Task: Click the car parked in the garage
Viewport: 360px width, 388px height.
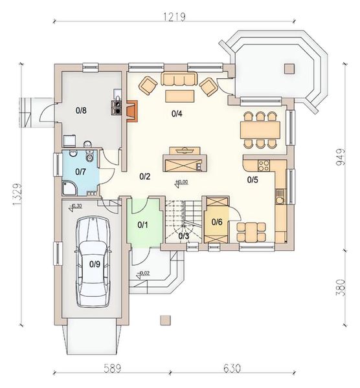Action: coord(94,262)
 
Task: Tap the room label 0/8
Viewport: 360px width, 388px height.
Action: coord(81,111)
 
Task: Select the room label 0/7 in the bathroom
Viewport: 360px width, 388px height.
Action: coord(81,171)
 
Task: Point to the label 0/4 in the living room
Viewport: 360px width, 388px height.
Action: coord(177,114)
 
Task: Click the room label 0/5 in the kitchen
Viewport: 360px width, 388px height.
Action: coord(253,180)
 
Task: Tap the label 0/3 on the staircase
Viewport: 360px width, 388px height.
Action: coord(184,236)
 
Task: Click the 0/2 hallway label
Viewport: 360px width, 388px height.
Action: coord(145,176)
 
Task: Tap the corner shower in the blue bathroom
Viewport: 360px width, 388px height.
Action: coord(70,186)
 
